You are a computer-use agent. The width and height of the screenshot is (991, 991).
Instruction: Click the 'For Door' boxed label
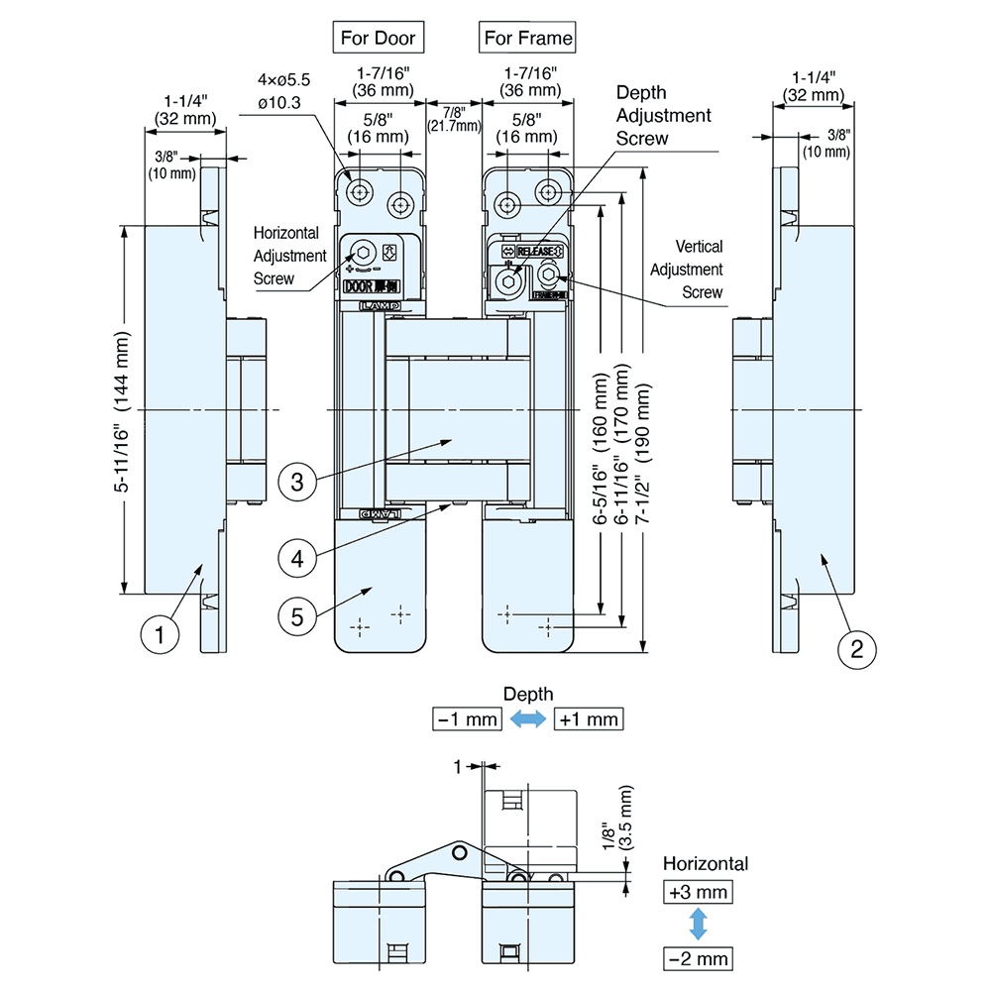pos(378,38)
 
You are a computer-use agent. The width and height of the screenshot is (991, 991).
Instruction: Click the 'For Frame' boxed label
pos(527,38)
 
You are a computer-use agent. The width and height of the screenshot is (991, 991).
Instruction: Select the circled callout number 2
pos(857,649)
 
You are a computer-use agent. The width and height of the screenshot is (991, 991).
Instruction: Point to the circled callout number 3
pos(298,483)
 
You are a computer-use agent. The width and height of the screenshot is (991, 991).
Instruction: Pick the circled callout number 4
pos(298,558)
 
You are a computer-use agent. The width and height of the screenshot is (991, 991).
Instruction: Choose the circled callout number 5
pos(298,615)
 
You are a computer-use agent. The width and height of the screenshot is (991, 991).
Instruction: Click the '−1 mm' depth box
pos(468,719)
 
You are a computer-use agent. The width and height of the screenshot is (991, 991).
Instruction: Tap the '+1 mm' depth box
pos(589,719)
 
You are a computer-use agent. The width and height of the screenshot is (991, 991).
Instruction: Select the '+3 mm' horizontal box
pos(698,892)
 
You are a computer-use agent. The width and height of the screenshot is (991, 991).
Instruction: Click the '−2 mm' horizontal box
pos(698,958)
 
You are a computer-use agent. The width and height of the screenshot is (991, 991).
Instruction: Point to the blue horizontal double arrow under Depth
pos(528,720)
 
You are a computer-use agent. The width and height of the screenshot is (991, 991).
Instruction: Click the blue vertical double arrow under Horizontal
pos(698,925)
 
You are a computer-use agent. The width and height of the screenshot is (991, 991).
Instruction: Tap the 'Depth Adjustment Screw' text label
pos(663,115)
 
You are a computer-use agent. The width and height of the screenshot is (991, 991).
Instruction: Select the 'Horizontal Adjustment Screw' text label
pos(289,256)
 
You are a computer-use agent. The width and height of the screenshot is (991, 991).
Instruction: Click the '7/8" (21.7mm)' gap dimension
pos(454,118)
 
